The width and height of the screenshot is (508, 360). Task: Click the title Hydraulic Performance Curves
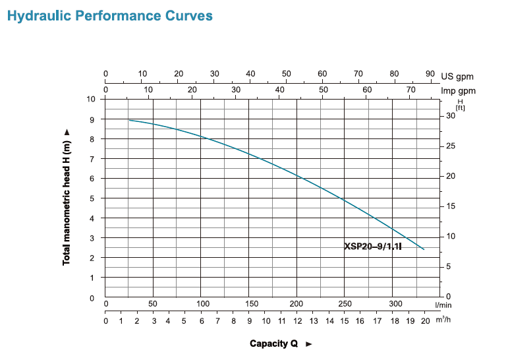tap(109, 16)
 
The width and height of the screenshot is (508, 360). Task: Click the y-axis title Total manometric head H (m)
tap(67, 197)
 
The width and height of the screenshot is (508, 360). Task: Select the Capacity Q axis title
tap(274, 344)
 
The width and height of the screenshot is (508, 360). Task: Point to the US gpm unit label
tap(457, 76)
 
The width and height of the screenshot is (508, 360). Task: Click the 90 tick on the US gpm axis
tap(430, 74)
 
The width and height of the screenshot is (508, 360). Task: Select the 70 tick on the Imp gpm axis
tap(410, 89)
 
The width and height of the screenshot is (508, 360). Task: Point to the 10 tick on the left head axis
tap(92, 99)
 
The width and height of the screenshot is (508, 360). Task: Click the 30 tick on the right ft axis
tap(451, 115)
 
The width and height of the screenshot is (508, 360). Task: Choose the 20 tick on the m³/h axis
tap(425, 321)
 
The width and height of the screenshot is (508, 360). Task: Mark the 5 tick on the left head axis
tap(93, 198)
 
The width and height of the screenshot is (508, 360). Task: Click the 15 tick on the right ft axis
tap(451, 206)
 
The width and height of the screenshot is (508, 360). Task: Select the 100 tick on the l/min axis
tap(203, 303)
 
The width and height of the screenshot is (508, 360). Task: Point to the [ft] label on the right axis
tap(459, 107)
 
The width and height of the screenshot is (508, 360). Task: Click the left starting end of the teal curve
tap(129, 120)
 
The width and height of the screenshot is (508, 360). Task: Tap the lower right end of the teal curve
tap(424, 249)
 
